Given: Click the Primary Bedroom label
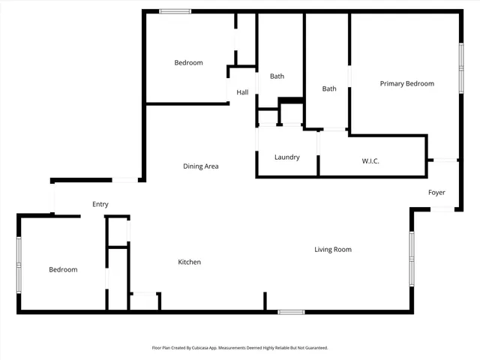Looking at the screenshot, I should pos(406,83).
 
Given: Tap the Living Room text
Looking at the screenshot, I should pos(332,249).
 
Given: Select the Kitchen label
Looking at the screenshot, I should pos(189,262).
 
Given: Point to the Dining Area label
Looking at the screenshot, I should pos(200,166).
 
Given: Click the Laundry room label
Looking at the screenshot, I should pos(286,157).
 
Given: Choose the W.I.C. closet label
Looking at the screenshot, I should pos(370,160).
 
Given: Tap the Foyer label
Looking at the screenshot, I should pos(436,193).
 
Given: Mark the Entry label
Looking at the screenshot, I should pos(100,204).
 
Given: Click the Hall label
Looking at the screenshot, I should pos(242,92).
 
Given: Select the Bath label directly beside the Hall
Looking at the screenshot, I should pos(277,76).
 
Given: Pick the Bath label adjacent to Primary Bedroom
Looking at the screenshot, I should pos(329,88).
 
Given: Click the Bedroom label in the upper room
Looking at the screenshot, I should pos(188,63).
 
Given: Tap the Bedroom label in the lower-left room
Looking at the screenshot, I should pos(63,269).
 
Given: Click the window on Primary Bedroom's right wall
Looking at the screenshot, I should pos(461,68).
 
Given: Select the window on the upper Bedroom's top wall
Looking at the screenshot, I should pos(175,11).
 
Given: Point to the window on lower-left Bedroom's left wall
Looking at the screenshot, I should pos(19,262).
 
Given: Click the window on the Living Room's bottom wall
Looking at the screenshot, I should pos(290,311).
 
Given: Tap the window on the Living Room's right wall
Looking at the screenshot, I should pos(411,256).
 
